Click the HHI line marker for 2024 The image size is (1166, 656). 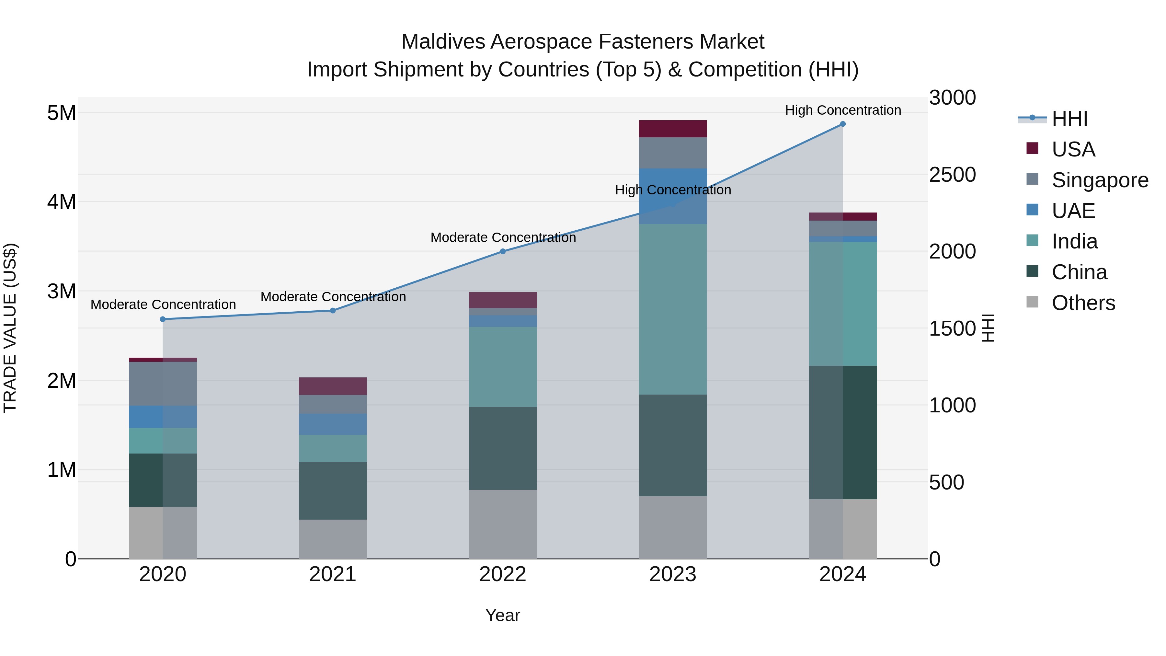coord(842,124)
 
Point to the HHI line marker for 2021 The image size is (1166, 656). coord(333,311)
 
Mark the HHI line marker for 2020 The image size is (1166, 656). coord(163,319)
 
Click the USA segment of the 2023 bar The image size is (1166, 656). coord(673,129)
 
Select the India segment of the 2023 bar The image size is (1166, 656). coord(673,309)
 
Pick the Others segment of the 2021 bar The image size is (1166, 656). coord(333,539)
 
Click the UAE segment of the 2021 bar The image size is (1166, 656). coord(333,424)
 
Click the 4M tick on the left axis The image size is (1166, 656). coord(62,202)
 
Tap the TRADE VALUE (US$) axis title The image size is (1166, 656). coord(10,328)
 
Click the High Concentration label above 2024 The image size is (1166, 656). coord(843,110)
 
